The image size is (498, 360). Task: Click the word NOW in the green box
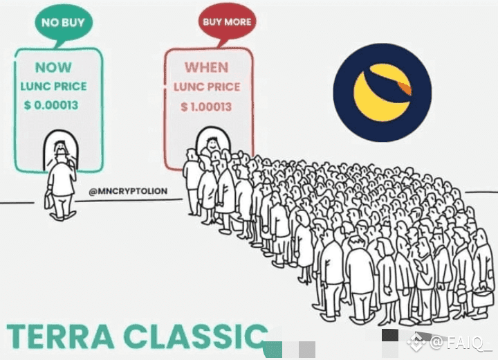coord(53,67)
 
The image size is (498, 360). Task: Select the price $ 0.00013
coord(51,105)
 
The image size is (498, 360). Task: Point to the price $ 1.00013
coord(206,107)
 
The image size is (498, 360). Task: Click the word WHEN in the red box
coord(207,67)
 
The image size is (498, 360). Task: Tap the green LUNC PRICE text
coord(54,86)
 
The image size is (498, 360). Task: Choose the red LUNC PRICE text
coord(207,87)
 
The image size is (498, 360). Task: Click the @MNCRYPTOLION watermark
coord(128,191)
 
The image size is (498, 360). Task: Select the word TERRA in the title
coord(60,336)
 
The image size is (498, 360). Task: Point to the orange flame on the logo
coord(404,87)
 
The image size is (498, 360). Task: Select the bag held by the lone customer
coord(48,201)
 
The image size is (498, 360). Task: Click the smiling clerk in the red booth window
coord(212,144)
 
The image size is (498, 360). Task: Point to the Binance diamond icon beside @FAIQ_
coord(416,342)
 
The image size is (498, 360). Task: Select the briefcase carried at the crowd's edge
coord(482,298)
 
